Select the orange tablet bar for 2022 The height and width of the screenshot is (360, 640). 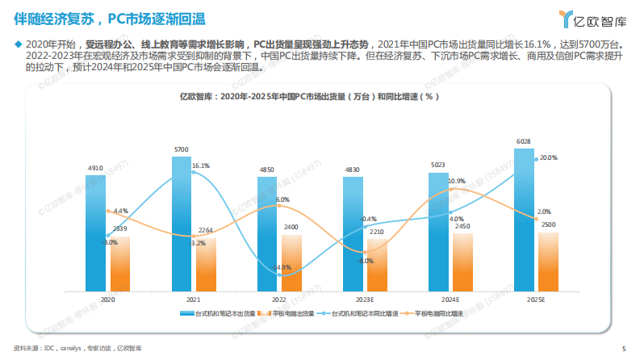[x=291, y=262]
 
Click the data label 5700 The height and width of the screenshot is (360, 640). [x=182, y=149]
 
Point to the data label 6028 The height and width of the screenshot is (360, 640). [x=524, y=141]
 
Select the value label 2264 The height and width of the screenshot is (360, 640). [x=205, y=230]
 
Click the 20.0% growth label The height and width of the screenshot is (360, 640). [x=548, y=157]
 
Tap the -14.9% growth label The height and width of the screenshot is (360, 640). [x=282, y=267]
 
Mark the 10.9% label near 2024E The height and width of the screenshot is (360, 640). [x=456, y=181]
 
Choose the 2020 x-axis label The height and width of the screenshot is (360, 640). [x=107, y=299]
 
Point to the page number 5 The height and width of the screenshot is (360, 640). [x=623, y=349]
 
